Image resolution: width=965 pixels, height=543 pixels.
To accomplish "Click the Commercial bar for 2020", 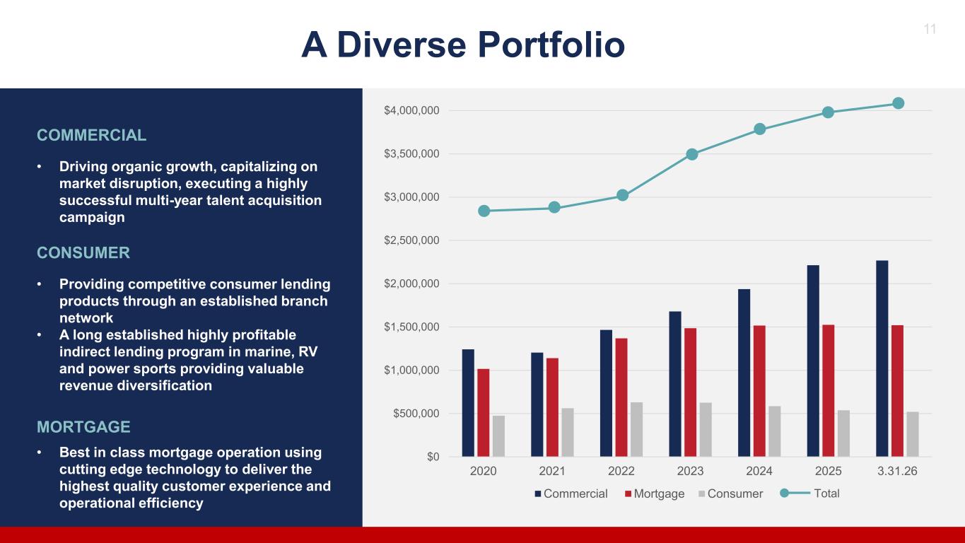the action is (x=468, y=403).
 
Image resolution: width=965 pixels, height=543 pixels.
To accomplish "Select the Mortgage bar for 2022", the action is (x=621, y=397).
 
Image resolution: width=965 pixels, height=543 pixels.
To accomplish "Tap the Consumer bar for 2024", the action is (x=775, y=431).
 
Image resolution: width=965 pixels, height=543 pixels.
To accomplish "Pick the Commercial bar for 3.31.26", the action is (x=882, y=358).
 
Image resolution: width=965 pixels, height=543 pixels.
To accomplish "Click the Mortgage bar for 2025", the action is (x=828, y=390).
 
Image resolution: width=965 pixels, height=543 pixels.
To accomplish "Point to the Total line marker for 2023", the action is (x=692, y=154).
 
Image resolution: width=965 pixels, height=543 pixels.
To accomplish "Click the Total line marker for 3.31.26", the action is (x=899, y=103).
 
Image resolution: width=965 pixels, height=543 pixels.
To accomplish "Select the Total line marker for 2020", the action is (x=484, y=211).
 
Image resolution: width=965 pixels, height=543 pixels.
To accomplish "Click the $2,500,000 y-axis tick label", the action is (x=411, y=240).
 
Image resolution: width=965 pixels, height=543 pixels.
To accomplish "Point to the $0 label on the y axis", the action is (x=433, y=457).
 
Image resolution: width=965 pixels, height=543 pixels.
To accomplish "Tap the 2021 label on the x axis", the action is (x=552, y=471).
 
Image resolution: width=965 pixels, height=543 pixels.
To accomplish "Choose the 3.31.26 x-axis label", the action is (x=897, y=471).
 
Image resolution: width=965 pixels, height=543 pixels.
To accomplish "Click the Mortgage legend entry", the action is (x=655, y=494).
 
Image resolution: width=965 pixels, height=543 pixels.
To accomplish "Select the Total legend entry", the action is (x=809, y=494).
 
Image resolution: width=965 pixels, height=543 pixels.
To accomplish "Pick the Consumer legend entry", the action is (x=731, y=494).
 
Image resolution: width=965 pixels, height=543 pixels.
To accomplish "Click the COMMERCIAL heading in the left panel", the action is (x=91, y=135).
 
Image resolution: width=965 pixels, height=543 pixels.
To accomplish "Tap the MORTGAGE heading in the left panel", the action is (x=83, y=427).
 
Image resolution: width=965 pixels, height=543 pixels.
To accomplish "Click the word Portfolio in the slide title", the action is (x=551, y=45).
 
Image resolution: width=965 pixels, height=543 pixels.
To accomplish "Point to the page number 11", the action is (x=930, y=29).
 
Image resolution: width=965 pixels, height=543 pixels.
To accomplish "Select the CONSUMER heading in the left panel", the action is (x=83, y=253).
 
